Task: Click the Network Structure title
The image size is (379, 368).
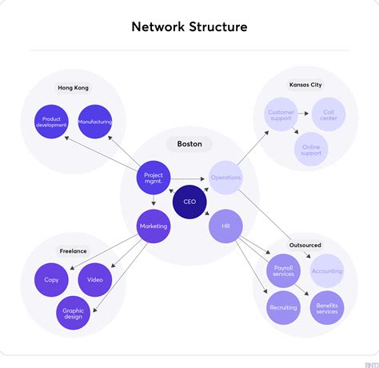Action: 189,27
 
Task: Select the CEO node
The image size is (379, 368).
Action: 189,202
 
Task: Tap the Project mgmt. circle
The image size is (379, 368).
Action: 153,178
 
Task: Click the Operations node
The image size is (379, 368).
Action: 225,178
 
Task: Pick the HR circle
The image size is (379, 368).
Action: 225,226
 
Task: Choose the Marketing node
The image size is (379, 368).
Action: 153,226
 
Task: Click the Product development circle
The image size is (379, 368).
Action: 51,122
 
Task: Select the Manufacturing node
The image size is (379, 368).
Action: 95,122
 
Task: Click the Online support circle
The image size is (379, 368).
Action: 310,149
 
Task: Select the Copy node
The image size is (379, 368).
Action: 51,280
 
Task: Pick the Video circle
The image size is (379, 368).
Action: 95,280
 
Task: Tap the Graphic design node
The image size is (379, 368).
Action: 73,313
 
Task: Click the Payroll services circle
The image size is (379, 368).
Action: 284,271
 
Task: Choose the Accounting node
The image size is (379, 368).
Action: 327,271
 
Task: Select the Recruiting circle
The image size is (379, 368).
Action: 284,308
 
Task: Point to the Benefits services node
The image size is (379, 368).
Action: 327,308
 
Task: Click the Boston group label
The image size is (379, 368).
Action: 189,145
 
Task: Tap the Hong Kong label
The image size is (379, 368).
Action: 73,87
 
